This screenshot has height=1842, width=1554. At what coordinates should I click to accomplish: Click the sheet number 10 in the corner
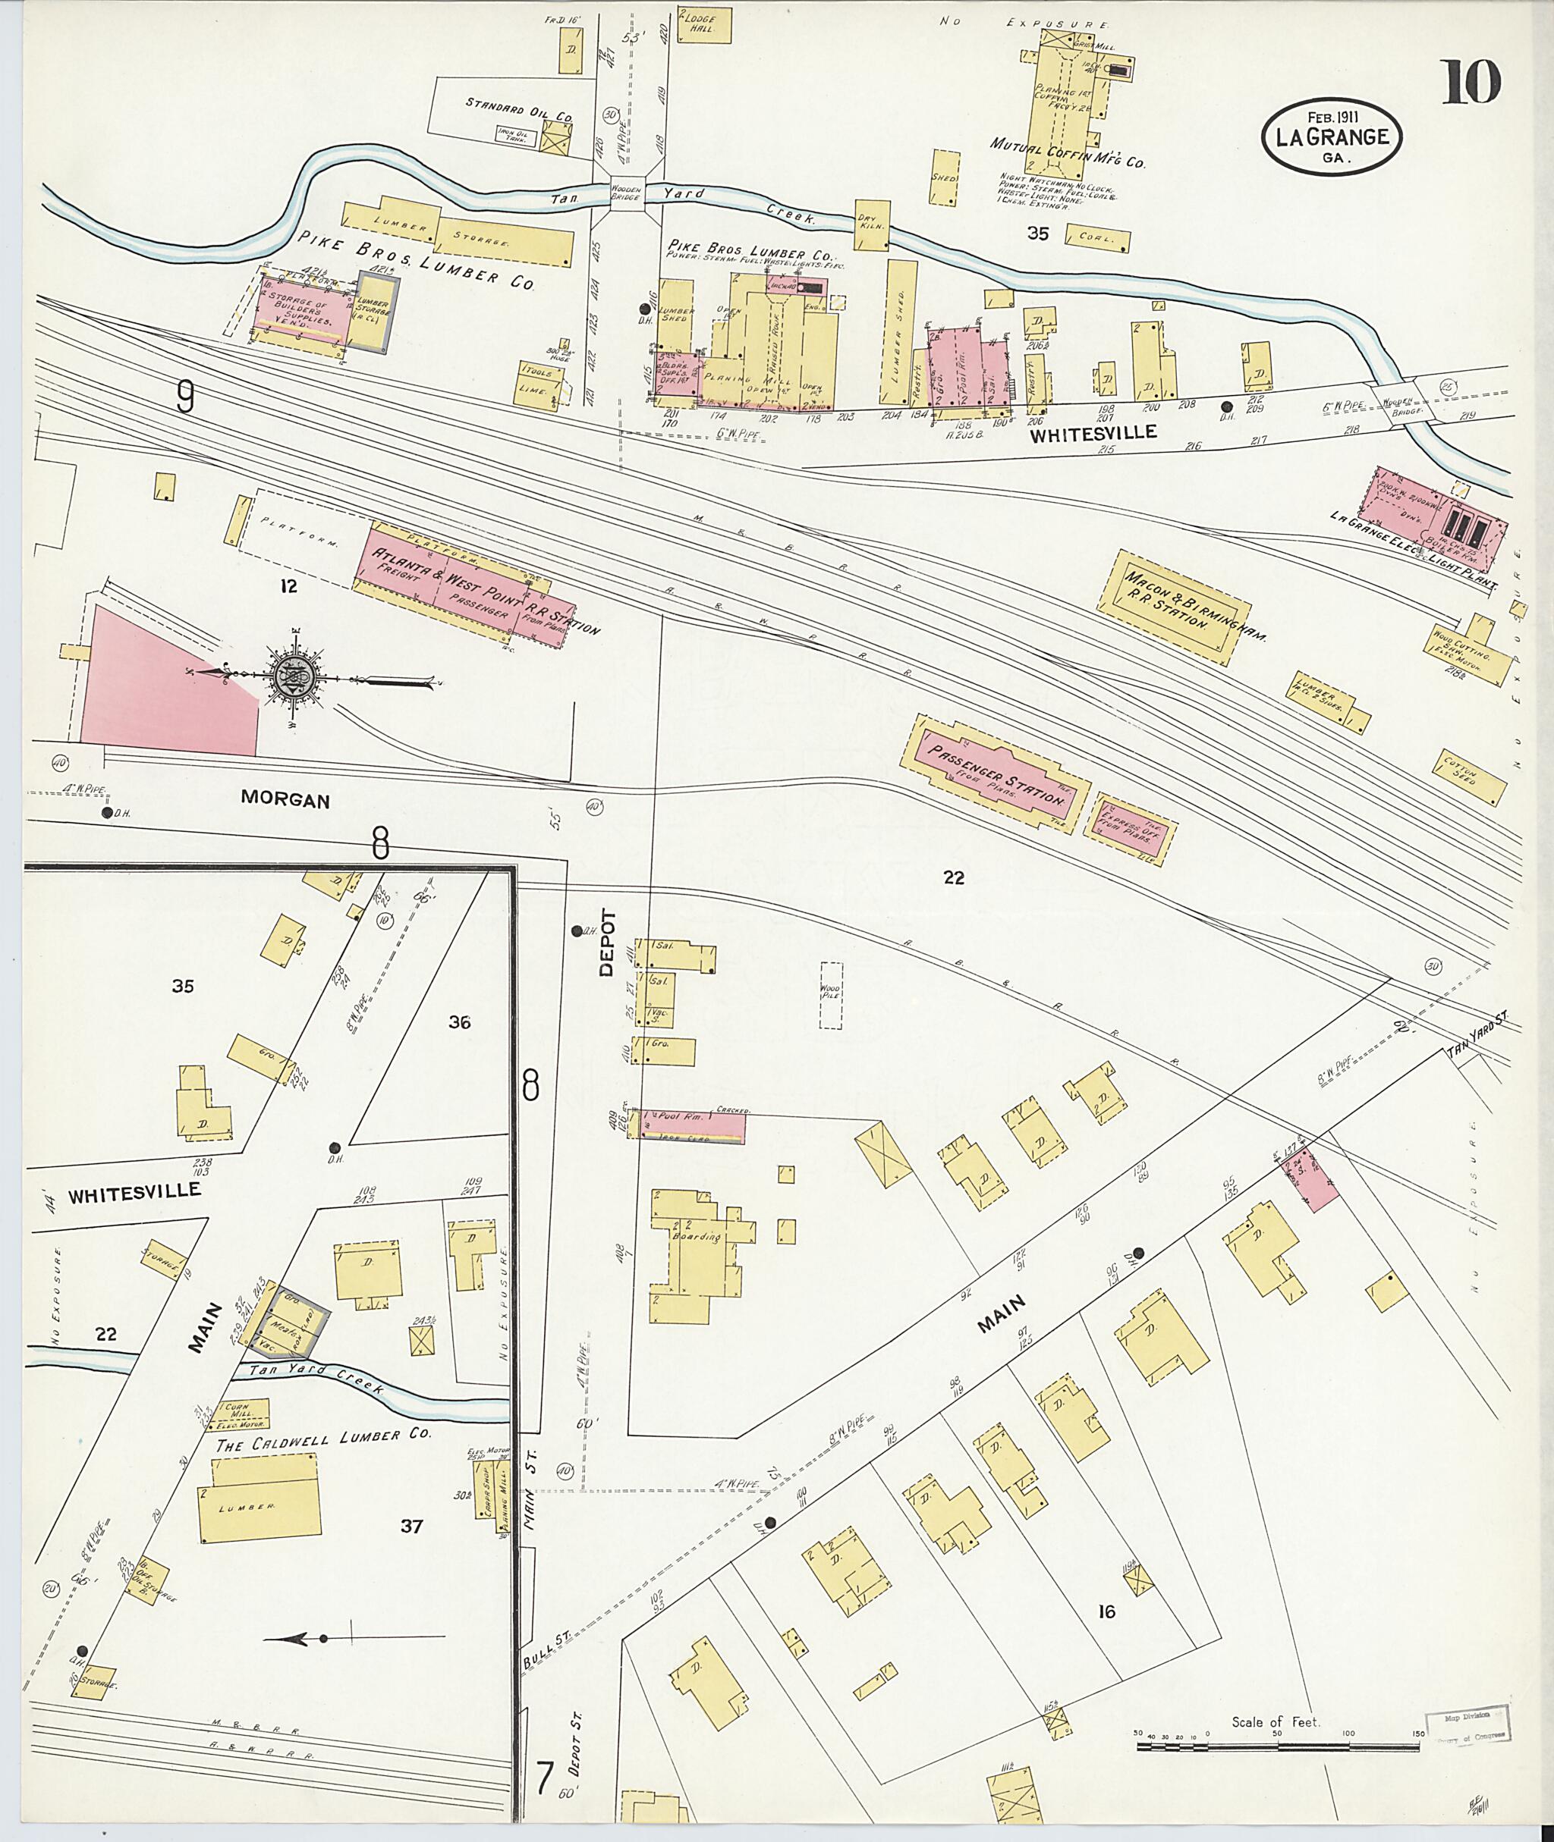point(1471,83)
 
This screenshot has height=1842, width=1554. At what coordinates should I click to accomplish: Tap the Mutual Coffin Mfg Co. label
point(1068,154)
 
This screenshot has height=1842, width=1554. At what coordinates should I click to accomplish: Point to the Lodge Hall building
point(705,24)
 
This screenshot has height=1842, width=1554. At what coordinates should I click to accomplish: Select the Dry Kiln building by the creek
point(872,226)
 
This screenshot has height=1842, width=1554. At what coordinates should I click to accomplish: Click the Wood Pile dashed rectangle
point(831,995)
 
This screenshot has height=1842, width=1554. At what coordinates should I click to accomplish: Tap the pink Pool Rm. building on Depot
point(690,1128)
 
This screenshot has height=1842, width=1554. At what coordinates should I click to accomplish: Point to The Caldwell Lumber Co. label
point(323,1436)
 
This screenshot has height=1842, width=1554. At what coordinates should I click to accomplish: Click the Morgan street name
point(285,799)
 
